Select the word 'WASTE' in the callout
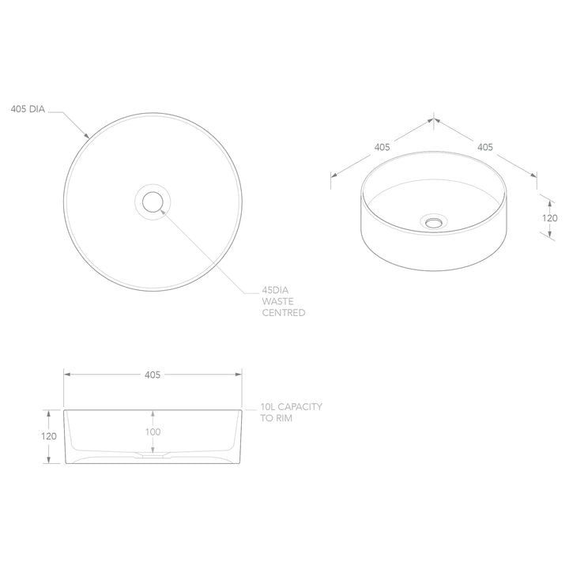coord(277,301)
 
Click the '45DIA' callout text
coord(277,289)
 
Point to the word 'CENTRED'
coord(284,313)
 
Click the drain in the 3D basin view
coord(432,222)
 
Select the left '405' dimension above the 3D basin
coord(382,147)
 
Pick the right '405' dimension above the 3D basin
coord(485,147)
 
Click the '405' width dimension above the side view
coord(153,375)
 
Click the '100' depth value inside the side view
coord(153,431)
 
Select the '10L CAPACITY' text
coord(291,406)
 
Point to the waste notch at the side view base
coord(153,455)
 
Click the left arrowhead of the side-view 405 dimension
coord(67,375)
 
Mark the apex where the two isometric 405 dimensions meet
coord(433,119)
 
